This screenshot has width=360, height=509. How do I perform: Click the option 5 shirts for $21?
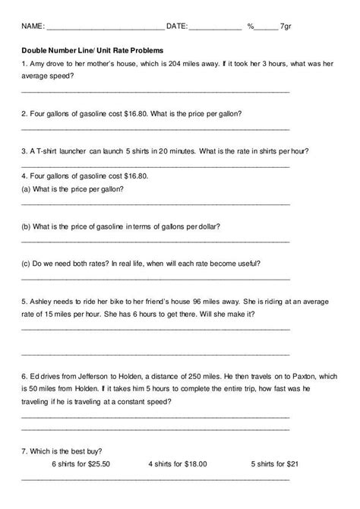(x=277, y=463)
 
